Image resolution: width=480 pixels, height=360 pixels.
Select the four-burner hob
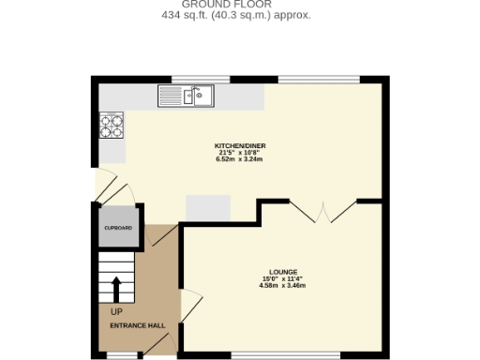pos(112,123)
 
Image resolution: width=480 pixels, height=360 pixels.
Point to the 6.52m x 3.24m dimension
pos(239,159)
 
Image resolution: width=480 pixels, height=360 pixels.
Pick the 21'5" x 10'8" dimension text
pos(239,153)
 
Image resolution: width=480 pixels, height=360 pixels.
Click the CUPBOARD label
pos(117,228)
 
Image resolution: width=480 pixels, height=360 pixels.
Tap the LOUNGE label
pos(283,272)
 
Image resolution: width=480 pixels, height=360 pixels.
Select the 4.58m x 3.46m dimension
pos(283,285)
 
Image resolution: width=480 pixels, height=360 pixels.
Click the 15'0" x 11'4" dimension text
pos(283,278)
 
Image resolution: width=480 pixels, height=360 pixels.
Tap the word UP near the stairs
pos(116,311)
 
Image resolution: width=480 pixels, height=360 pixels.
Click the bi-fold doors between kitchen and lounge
pos(322,212)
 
